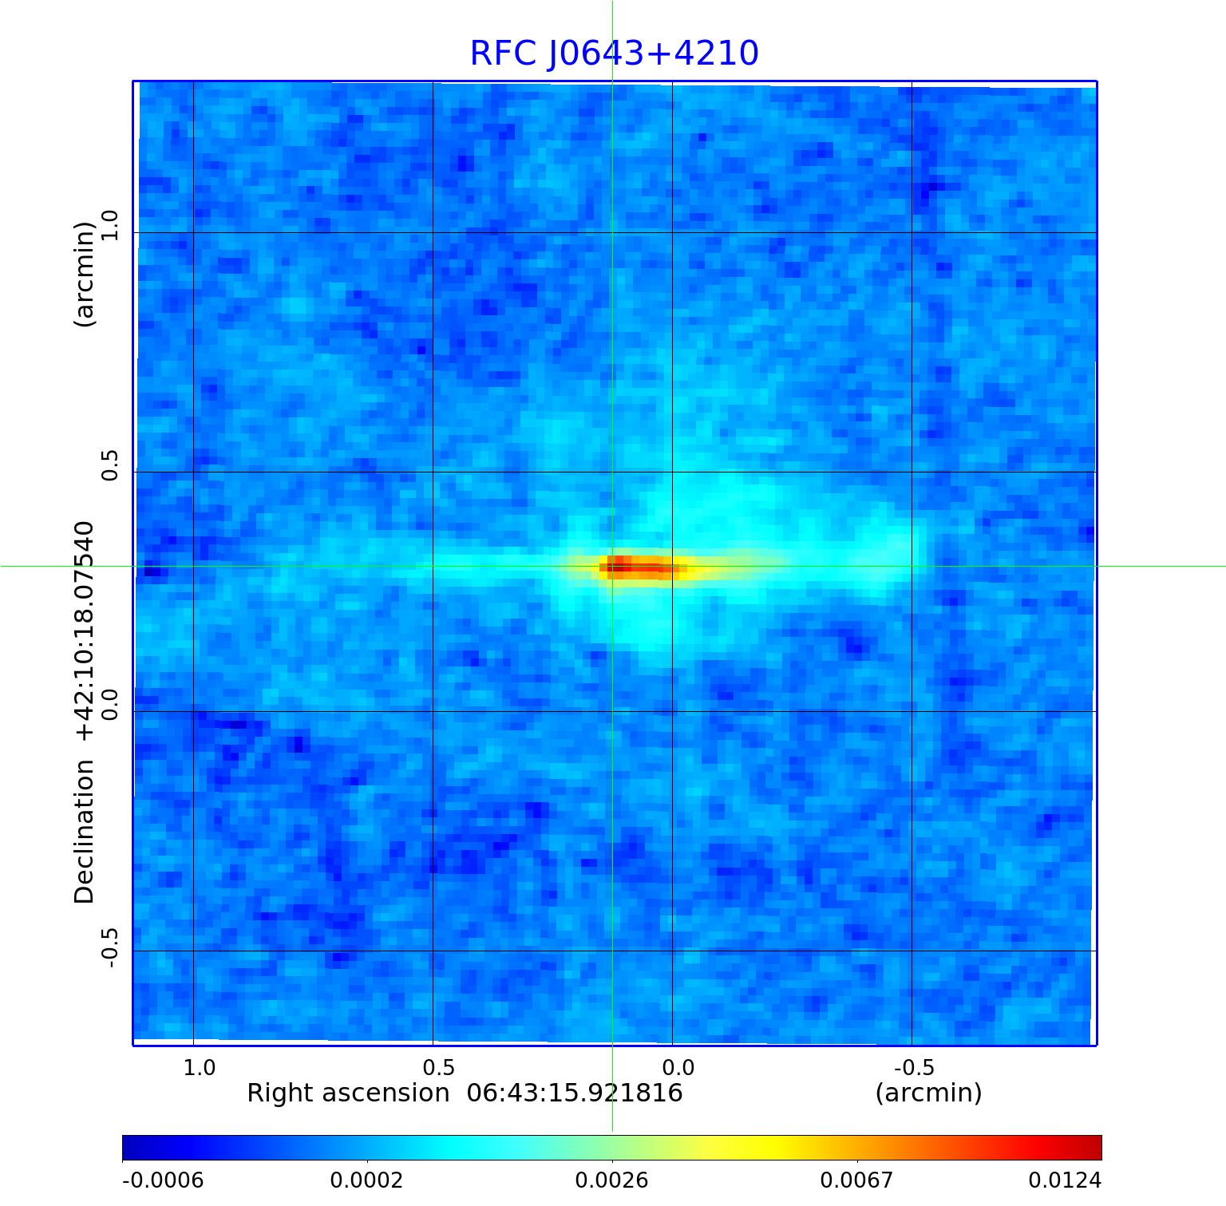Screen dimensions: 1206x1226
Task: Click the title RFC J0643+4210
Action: click(x=613, y=53)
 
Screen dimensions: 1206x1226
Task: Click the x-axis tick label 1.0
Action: click(x=199, y=1067)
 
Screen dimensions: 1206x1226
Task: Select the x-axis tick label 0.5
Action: click(x=438, y=1067)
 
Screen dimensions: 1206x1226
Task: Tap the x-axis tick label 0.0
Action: click(x=678, y=1067)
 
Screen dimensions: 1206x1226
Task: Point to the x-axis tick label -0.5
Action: click(x=913, y=1067)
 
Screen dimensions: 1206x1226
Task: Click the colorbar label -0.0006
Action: click(x=163, y=1180)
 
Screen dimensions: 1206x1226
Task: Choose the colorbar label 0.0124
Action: click(x=1065, y=1180)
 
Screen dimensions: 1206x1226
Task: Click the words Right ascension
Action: click(x=348, y=1093)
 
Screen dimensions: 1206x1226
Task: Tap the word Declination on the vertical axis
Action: click(x=85, y=832)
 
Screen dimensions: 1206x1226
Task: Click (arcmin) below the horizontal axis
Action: click(x=928, y=1093)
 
